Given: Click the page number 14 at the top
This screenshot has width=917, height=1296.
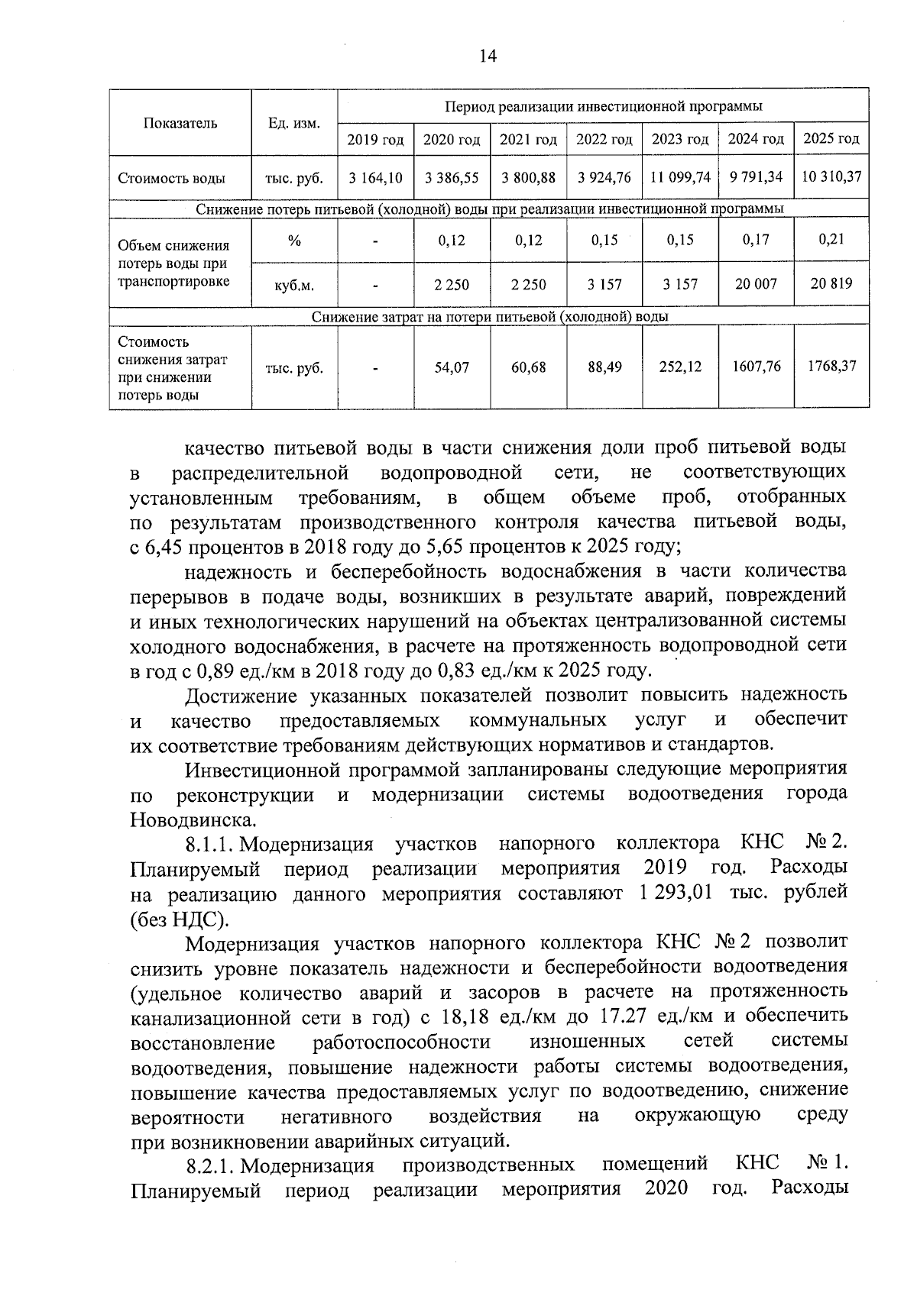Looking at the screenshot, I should [x=488, y=56].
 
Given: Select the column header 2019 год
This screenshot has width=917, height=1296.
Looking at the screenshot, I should [x=375, y=140].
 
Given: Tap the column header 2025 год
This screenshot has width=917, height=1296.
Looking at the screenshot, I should [x=831, y=138].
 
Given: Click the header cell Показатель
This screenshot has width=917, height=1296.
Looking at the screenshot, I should [x=180, y=123].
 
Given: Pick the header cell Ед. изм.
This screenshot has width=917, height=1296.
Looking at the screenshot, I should [x=294, y=123].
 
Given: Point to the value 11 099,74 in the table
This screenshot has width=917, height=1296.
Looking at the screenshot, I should [x=680, y=178].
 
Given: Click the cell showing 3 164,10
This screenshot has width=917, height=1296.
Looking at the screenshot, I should [x=375, y=178].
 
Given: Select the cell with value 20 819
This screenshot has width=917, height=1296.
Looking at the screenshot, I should [x=831, y=283].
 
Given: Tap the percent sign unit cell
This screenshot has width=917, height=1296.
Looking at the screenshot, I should [x=294, y=241].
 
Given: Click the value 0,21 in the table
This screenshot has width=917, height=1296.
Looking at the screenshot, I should [x=831, y=239].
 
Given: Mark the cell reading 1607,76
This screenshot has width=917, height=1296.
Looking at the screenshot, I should [x=757, y=367].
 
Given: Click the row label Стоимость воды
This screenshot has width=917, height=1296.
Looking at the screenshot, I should [x=171, y=179].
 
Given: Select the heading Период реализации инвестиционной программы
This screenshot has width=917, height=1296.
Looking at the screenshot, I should [x=603, y=106].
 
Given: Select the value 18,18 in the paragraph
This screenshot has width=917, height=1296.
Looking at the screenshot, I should [x=463, y=1017].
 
